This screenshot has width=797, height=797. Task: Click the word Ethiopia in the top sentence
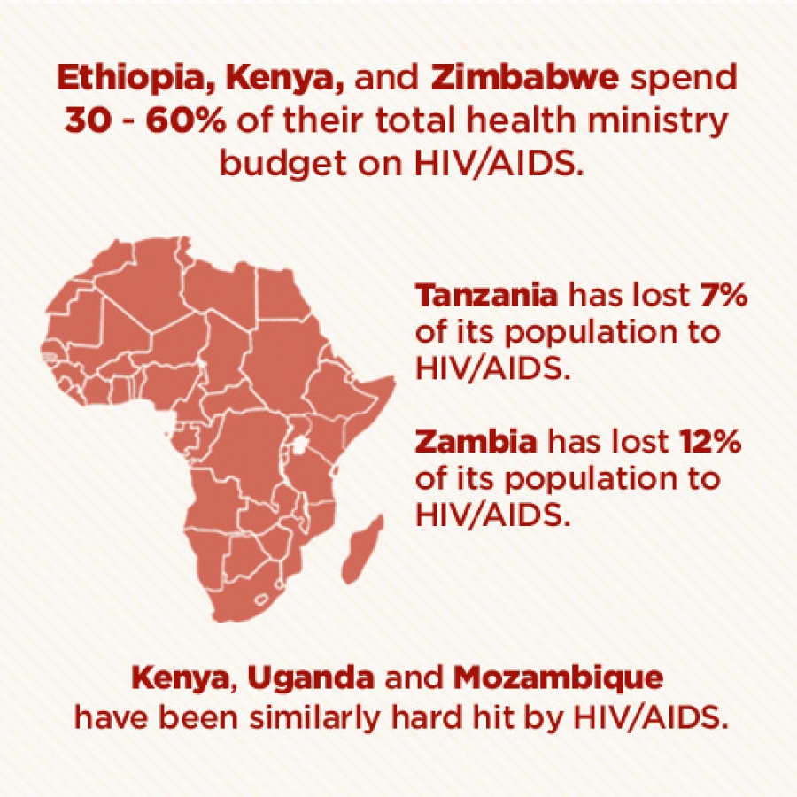[136, 79]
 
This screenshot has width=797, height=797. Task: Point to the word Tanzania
[486, 295]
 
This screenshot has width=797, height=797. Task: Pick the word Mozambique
[558, 679]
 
